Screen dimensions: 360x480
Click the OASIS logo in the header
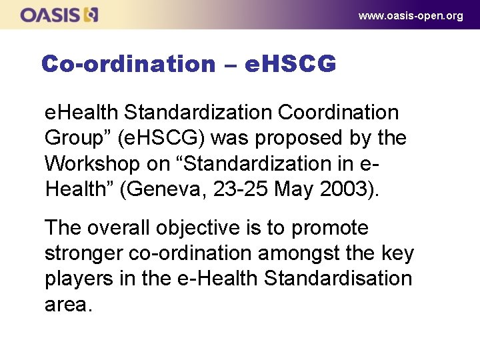pos(59,14)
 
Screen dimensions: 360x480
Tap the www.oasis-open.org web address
pos(411,15)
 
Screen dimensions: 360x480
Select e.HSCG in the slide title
pos(290,64)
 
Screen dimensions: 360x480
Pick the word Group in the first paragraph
pos(73,138)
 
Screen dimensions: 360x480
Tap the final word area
pos(67,304)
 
